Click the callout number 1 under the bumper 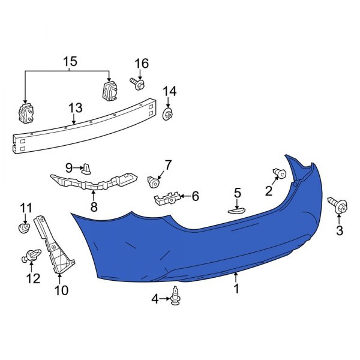click(236, 289)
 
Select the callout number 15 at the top click(70, 61)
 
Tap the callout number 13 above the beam click(75, 108)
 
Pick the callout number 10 click(61, 291)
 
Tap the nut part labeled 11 click(24, 229)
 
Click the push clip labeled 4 click(176, 295)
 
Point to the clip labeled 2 click(279, 174)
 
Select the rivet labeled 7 click(155, 180)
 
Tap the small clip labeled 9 click(86, 167)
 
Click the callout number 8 click(93, 207)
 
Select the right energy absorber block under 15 click(109, 92)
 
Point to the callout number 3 click(340, 231)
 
